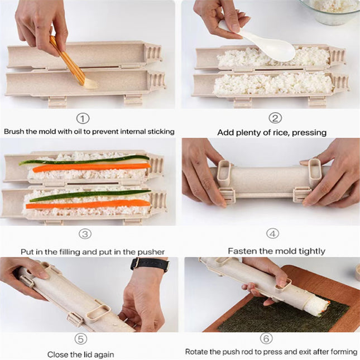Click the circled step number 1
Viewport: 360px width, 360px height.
tap(83, 118)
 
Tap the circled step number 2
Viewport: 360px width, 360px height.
tap(275, 118)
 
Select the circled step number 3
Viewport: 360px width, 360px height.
tap(84, 234)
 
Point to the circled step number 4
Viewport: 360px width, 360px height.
tap(273, 234)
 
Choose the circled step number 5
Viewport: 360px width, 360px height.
tap(81, 338)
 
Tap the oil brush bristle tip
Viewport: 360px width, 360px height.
tap(89, 84)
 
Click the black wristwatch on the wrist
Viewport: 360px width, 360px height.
tap(149, 263)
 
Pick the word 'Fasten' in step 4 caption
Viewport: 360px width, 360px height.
tap(241, 251)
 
